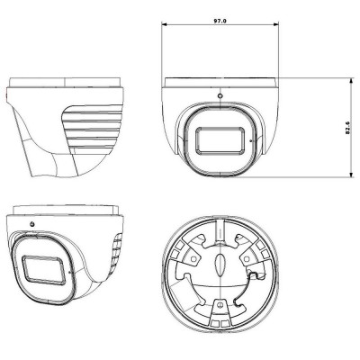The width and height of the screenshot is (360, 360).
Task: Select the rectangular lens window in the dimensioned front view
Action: click(x=219, y=140)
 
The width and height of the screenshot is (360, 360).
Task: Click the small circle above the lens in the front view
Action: click(x=220, y=95)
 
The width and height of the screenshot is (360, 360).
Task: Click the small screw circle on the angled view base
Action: click(x=32, y=222)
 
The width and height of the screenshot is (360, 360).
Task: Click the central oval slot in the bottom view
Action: click(x=218, y=266)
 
